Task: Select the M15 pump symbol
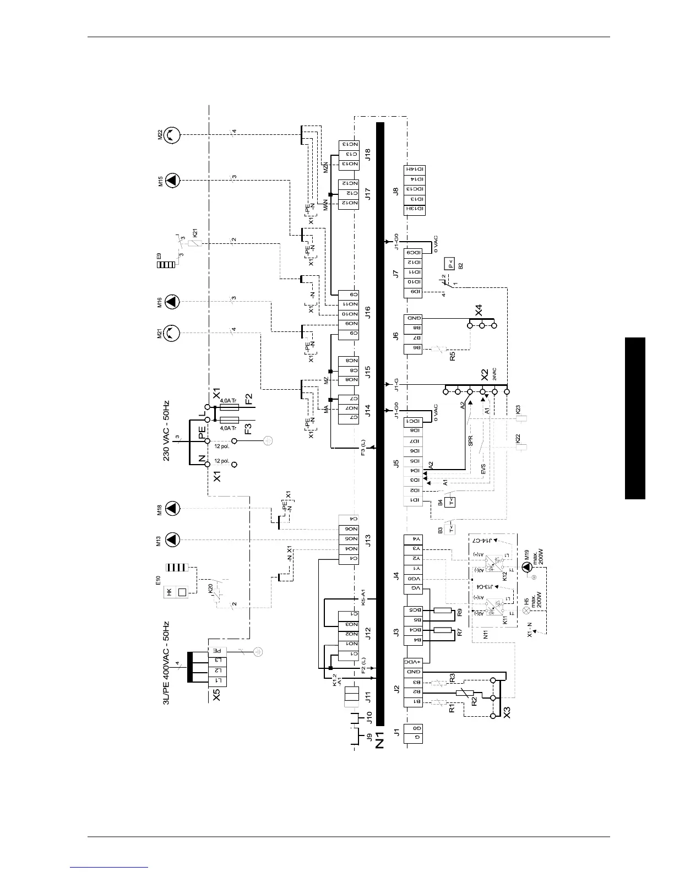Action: coord(173,179)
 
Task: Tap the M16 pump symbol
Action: coord(173,301)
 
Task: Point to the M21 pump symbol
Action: coord(173,332)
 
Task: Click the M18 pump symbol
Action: coord(173,509)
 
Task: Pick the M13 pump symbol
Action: coord(173,539)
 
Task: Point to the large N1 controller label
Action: coord(379,740)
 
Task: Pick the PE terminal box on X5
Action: coord(218,650)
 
